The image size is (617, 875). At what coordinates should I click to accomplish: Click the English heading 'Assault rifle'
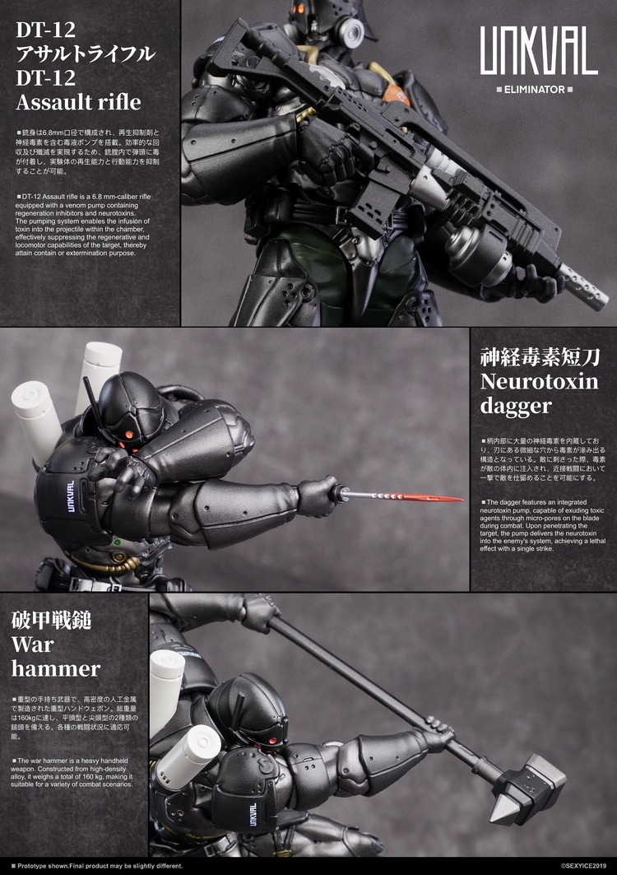tap(79, 103)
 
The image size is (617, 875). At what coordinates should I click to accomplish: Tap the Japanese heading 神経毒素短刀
tap(539, 356)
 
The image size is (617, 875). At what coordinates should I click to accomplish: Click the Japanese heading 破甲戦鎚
tap(50, 619)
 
